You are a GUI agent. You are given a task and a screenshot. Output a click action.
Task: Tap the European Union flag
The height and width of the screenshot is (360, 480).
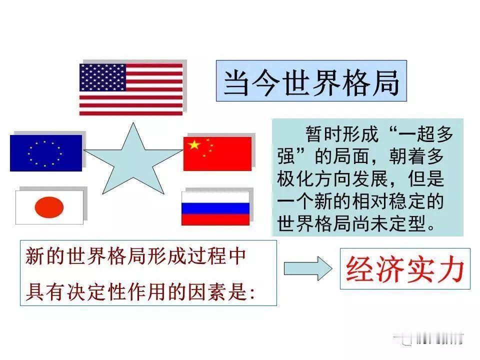pyautogui.click(x=45, y=152)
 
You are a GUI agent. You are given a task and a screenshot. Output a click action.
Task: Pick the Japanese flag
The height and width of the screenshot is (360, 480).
pyautogui.click(x=49, y=205)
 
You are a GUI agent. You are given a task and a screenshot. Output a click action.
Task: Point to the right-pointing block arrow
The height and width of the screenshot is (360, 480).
pyautogui.click(x=307, y=268)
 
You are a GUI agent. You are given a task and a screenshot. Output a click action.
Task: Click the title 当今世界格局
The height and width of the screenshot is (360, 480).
pyautogui.click(x=311, y=81)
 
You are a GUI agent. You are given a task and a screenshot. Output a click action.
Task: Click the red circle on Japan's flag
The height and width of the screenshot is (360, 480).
pyautogui.click(x=49, y=206)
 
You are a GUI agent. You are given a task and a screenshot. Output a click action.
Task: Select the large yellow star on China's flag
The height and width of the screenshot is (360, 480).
pyautogui.click(x=193, y=145)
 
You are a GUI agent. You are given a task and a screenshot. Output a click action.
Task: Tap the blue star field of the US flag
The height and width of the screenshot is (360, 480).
pyautogui.click(x=102, y=76)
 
